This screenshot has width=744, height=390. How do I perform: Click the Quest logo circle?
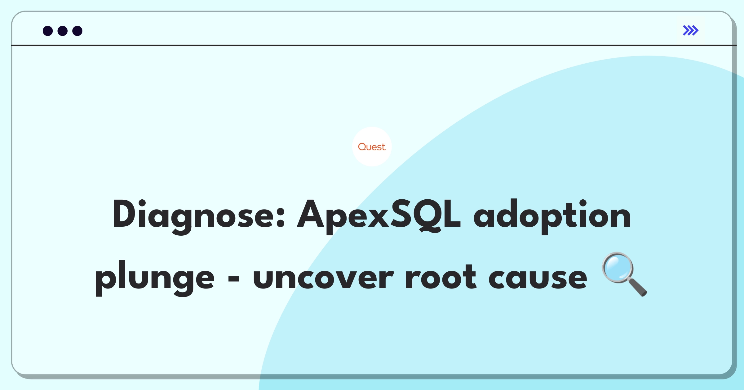pos(372,147)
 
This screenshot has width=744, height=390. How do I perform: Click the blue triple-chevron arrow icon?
pos(691,30)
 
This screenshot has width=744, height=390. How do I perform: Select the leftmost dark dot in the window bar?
pos(48,31)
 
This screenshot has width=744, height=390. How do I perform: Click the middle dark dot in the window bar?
pos(63,31)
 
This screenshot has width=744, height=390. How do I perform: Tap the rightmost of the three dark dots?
pos(77,31)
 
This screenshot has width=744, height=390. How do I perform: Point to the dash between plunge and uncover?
pos(234,278)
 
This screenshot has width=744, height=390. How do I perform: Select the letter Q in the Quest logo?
pos(362,147)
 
